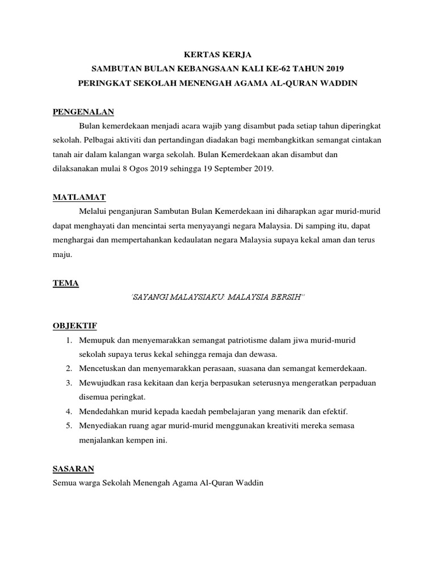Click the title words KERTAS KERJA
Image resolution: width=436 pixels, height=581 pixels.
click(x=218, y=55)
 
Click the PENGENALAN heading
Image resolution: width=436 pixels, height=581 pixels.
click(x=83, y=111)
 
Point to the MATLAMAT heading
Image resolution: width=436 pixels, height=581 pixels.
click(x=79, y=197)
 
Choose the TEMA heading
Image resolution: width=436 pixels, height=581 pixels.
click(x=65, y=283)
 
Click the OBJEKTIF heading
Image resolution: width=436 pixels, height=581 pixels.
click(x=74, y=325)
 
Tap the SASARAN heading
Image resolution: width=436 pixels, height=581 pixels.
click(x=73, y=469)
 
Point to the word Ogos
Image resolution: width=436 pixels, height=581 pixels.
click(x=132, y=169)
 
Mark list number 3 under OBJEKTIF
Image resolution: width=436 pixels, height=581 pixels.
click(x=68, y=383)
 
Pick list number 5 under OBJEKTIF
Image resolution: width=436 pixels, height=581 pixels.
click(x=68, y=426)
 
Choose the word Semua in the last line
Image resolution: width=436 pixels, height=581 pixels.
click(x=64, y=483)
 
